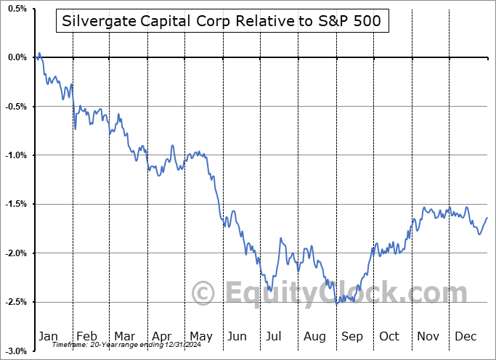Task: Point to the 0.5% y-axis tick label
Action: (16, 9)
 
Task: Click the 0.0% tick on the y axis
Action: (16, 57)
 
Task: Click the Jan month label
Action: (48, 336)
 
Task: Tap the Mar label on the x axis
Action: (124, 336)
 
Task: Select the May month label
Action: (200, 336)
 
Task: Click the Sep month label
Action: (351, 336)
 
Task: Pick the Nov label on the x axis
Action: (428, 336)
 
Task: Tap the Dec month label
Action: (465, 336)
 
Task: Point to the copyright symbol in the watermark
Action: (204, 293)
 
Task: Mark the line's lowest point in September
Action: (336, 303)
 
